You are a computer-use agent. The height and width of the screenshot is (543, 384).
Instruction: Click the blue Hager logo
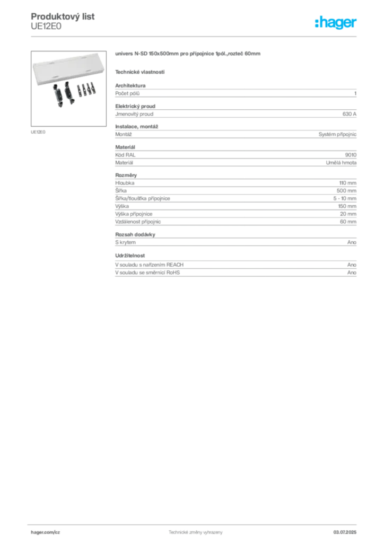336,23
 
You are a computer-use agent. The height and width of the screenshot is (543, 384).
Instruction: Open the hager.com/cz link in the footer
47,532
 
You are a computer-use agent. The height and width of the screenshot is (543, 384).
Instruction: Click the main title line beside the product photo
188,55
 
